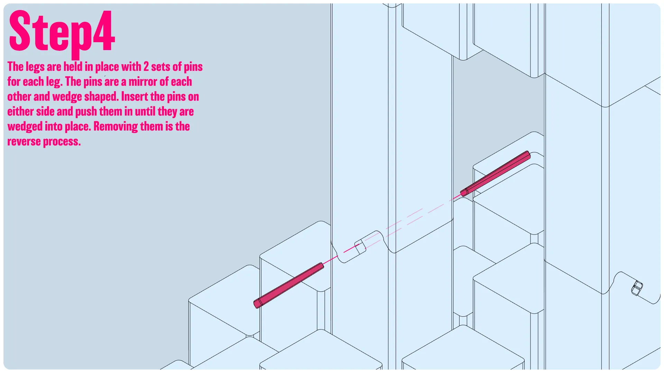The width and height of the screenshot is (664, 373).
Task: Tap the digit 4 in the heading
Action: [x=103, y=30]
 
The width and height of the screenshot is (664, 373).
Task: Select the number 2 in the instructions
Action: [x=146, y=67]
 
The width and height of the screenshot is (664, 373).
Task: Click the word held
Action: [x=73, y=67]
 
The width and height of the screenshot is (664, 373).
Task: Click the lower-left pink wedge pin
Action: [x=289, y=285]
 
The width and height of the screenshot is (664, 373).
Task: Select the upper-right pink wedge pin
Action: [x=495, y=173]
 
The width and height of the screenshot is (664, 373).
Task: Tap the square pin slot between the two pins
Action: [x=360, y=247]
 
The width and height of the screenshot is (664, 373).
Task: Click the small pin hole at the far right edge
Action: [x=637, y=288]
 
